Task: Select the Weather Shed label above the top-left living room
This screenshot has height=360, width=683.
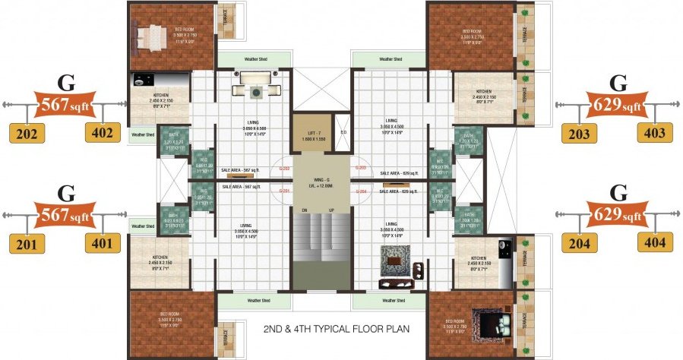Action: [x=254, y=58]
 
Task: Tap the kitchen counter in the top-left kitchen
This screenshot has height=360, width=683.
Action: [x=156, y=79]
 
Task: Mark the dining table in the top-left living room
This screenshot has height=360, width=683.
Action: [x=256, y=85]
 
